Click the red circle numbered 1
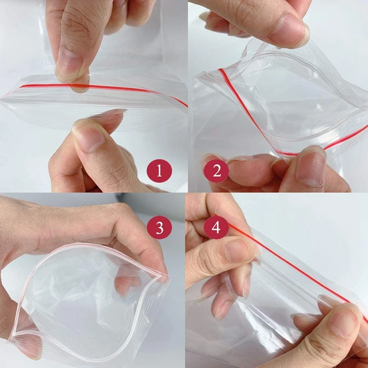159,172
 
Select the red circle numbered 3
159,228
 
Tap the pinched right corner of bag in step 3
163,276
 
